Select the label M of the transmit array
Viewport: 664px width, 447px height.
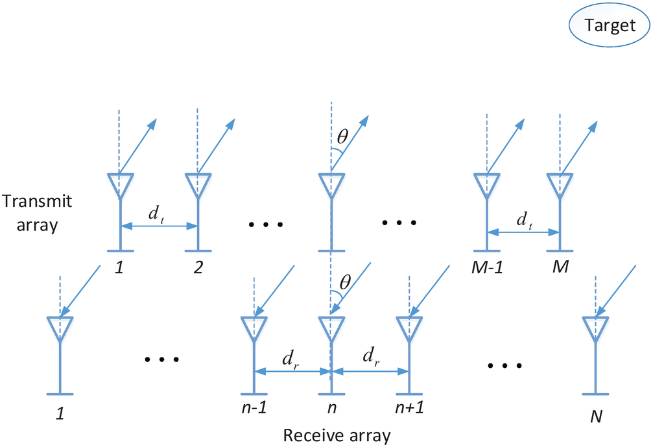coord(560,267)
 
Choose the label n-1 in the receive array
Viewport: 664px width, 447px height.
coord(254,410)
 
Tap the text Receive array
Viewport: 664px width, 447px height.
coord(337,435)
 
